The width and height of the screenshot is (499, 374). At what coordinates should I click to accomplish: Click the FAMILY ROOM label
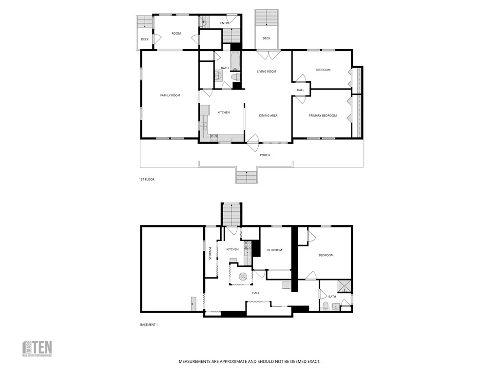pos(170,95)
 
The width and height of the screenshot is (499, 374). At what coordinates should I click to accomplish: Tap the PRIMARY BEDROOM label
pos(323,116)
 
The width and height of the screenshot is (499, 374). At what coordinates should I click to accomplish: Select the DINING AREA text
pos(268,116)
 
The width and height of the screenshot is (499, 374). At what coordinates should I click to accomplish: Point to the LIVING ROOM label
pos(267,72)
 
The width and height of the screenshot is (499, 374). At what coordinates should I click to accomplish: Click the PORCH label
pos(265,155)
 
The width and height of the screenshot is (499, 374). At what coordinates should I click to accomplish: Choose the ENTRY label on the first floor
pos(225,23)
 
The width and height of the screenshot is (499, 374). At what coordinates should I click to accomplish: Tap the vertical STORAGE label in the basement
pos(211,253)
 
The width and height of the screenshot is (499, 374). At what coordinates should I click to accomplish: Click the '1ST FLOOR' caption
pos(147,180)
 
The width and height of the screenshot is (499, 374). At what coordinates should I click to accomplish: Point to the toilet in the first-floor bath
pos(235,77)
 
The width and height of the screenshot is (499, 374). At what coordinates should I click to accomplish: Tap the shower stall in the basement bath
pos(345,286)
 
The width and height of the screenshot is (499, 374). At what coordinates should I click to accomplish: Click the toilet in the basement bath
pos(326,306)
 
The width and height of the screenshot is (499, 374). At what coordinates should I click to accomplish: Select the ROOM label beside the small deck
pos(176,34)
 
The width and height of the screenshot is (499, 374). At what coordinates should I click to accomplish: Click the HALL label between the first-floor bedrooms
pos(300,90)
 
